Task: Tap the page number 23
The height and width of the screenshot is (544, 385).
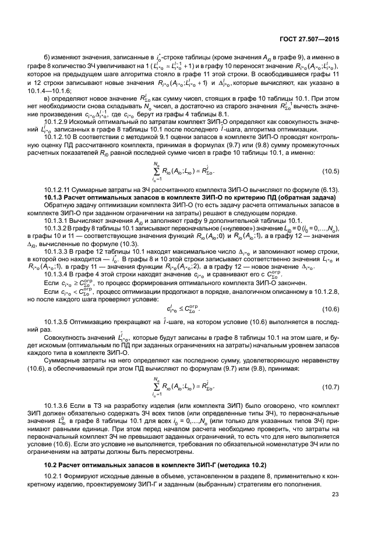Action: pyautogui.click(x=335, y=495)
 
